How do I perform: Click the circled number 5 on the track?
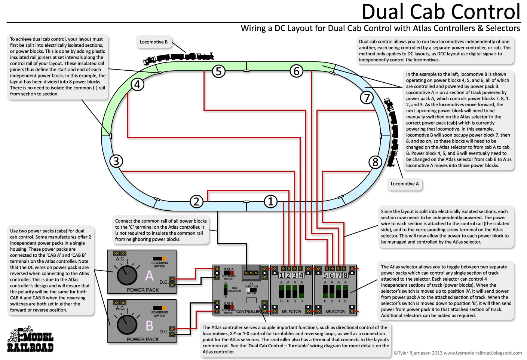(219, 71)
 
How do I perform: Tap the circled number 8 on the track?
(375, 162)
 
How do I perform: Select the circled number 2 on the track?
(196, 202)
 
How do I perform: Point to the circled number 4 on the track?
(137, 85)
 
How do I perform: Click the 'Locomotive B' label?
(154, 42)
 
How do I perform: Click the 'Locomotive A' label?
(404, 184)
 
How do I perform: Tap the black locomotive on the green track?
(178, 58)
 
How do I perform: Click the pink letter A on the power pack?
(149, 276)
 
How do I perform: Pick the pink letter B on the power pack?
(149, 326)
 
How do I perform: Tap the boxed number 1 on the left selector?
(281, 275)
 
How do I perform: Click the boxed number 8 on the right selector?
(345, 275)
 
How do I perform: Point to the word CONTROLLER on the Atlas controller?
(248, 311)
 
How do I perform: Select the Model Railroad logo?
(30, 340)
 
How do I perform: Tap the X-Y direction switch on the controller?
(251, 290)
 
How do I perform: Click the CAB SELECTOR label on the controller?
(235, 289)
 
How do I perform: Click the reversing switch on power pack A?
(159, 259)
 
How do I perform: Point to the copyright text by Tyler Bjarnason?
(457, 353)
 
